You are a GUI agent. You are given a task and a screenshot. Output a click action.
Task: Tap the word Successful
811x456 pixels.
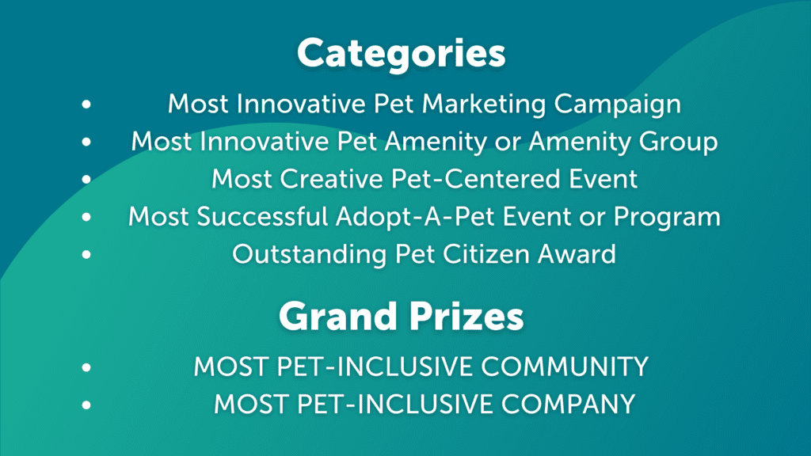(x=262, y=216)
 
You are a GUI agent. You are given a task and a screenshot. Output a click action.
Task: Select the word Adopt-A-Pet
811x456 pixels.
(x=416, y=217)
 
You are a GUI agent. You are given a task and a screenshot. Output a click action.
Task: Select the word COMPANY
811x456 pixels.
(x=568, y=405)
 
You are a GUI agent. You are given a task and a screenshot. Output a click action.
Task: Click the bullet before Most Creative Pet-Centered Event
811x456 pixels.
(x=86, y=179)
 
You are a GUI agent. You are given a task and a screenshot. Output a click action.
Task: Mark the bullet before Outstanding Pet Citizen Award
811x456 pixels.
(x=86, y=254)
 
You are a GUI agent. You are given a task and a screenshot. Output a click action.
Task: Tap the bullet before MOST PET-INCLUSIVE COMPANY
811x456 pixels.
(x=86, y=405)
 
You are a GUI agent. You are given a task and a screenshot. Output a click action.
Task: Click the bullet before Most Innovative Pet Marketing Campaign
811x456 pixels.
(x=86, y=104)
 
